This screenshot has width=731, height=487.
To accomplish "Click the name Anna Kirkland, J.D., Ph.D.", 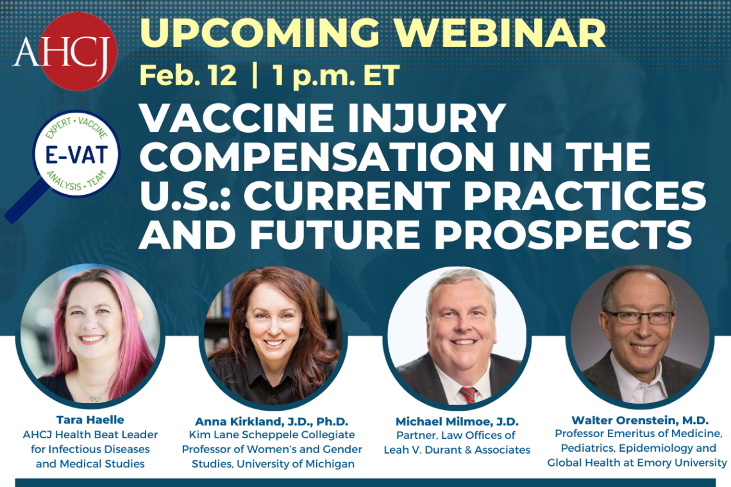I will pyautogui.click(x=272, y=421).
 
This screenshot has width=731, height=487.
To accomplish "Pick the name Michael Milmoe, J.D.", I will pyautogui.click(x=457, y=421).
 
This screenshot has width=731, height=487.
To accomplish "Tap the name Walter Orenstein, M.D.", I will pyautogui.click(x=640, y=420).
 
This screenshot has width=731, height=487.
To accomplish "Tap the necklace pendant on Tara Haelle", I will pyautogui.click(x=96, y=397).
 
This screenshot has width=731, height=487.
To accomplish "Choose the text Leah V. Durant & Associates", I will pyautogui.click(x=457, y=450).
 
